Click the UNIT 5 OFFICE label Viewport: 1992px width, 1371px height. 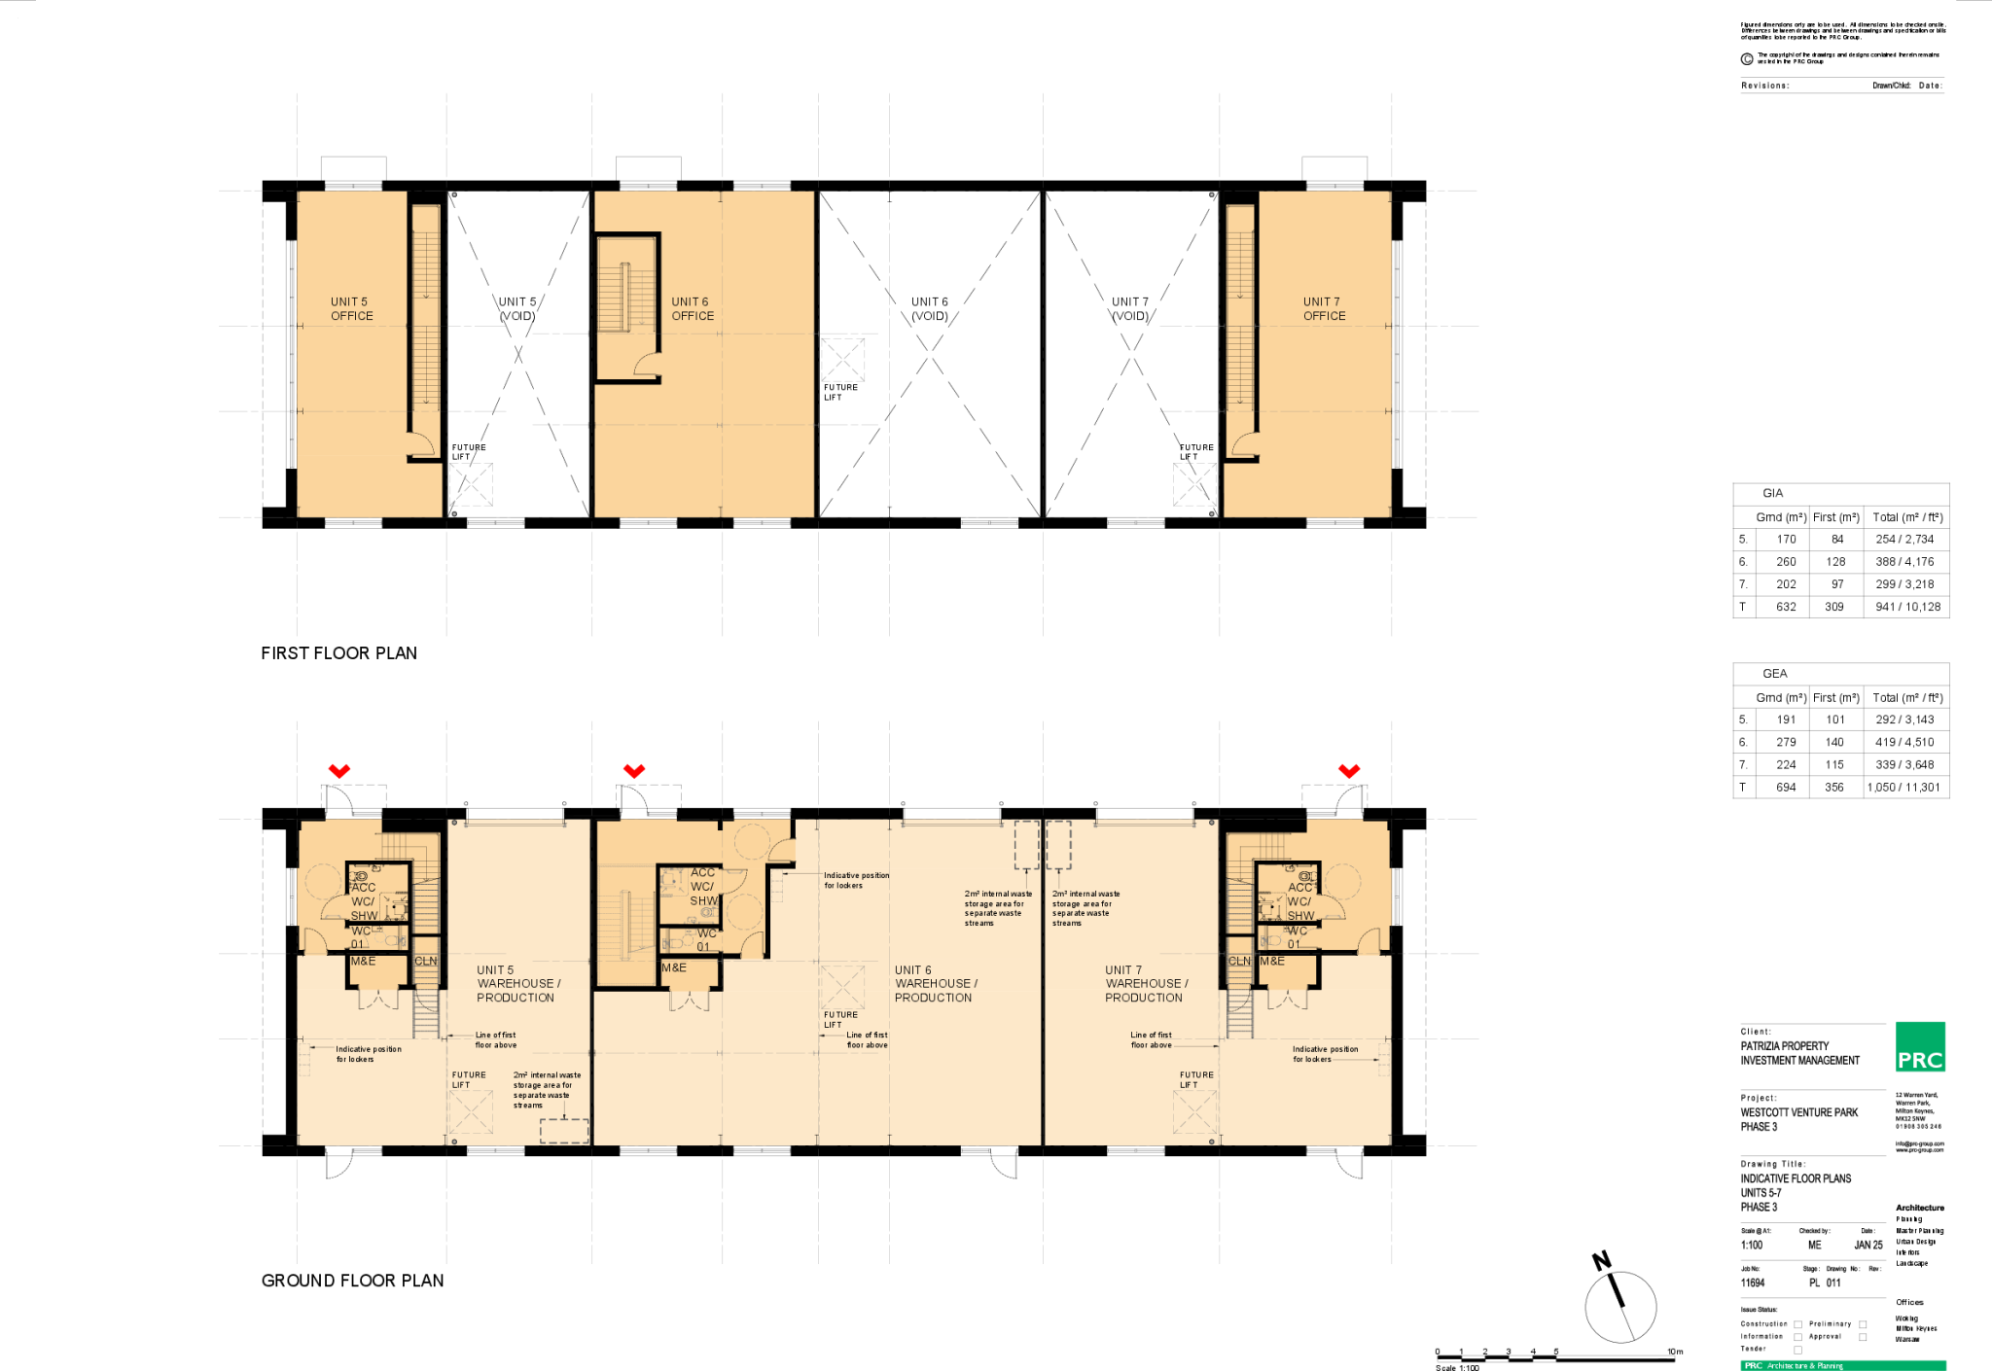click(x=351, y=309)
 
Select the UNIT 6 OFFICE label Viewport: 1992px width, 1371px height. click(x=693, y=309)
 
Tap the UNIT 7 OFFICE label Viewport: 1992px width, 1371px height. click(x=1324, y=309)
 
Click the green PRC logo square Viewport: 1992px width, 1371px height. click(x=1920, y=1046)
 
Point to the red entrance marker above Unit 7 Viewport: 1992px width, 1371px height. click(x=1348, y=770)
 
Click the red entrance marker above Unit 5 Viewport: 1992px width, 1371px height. click(x=339, y=770)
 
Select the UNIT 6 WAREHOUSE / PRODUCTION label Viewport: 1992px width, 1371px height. click(x=935, y=984)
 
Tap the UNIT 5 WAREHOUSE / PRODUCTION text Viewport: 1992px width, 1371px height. click(x=517, y=984)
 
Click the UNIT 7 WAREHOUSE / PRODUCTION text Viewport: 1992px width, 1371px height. click(x=1145, y=984)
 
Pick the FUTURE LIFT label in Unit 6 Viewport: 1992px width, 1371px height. click(x=840, y=1019)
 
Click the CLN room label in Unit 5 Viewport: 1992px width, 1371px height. click(x=426, y=961)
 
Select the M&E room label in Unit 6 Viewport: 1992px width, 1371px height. click(x=674, y=967)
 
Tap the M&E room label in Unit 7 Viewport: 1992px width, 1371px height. click(x=1272, y=961)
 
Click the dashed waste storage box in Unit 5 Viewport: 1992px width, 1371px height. click(x=564, y=1131)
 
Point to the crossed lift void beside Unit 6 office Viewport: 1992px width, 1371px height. click(x=842, y=359)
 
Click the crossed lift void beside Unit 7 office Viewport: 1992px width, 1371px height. click(x=1194, y=484)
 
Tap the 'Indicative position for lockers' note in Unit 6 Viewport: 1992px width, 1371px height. click(x=856, y=880)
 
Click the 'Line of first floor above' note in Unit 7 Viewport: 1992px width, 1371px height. click(x=1151, y=1039)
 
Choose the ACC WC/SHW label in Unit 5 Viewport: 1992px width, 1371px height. click(x=363, y=901)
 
